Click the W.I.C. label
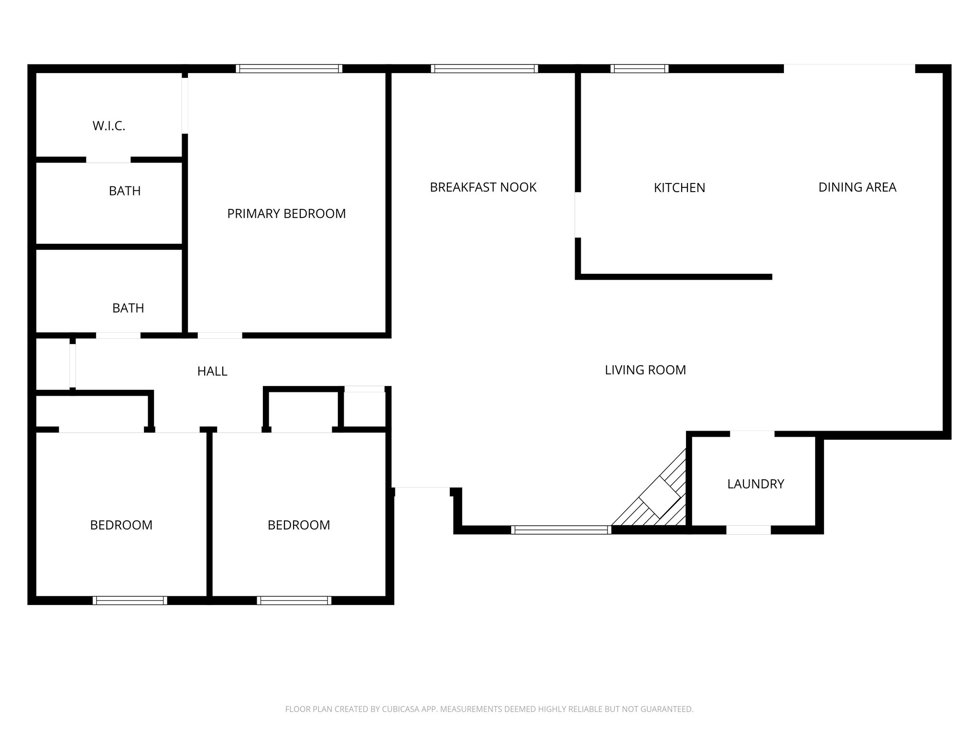click(x=109, y=126)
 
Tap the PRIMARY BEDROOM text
click(x=286, y=214)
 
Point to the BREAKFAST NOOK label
click(x=483, y=187)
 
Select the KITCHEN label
click(x=679, y=188)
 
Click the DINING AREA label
click(x=857, y=187)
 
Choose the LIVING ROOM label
click(x=645, y=370)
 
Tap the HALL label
click(x=212, y=371)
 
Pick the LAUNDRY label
click(x=755, y=484)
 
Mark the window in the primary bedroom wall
click(x=289, y=69)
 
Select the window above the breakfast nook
click(x=484, y=69)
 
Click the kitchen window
click(x=639, y=69)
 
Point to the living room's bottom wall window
click(x=561, y=529)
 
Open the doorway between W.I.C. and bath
click(x=108, y=160)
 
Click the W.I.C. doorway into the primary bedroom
click(x=185, y=106)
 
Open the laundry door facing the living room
click(x=751, y=434)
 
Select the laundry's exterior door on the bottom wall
click(x=748, y=529)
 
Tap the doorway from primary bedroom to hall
click(x=220, y=335)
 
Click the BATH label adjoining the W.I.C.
click(x=125, y=191)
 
